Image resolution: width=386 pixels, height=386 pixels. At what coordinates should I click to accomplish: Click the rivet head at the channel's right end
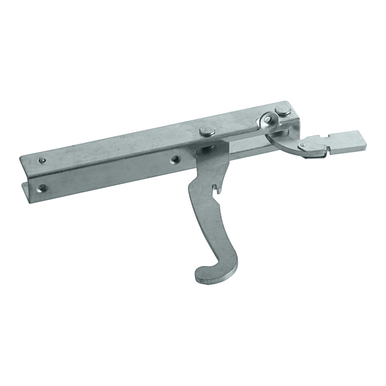coord(283,111)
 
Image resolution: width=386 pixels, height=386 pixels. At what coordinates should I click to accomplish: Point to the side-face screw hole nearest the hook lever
coord(174,158)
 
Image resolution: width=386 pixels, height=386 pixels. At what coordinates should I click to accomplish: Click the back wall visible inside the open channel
coord(247,145)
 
